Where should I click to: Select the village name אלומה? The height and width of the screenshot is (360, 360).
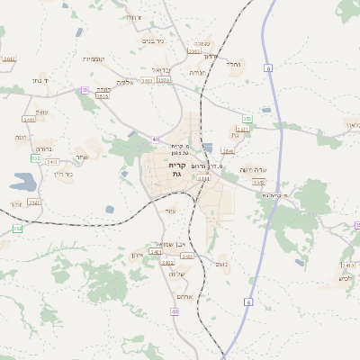click(125, 82)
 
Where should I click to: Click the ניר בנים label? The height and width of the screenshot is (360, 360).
click(153, 40)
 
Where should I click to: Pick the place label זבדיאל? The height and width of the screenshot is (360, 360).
click(160, 69)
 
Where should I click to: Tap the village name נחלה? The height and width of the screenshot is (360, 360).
click(233, 65)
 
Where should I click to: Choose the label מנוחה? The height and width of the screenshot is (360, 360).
click(198, 71)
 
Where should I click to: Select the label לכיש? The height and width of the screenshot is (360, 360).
click(346, 278)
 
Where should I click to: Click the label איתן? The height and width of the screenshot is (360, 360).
click(138, 256)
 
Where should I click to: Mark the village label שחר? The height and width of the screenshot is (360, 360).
click(83, 157)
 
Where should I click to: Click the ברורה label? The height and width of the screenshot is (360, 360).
click(45, 148)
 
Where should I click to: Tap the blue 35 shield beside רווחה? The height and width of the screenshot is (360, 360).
click(85, 90)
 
